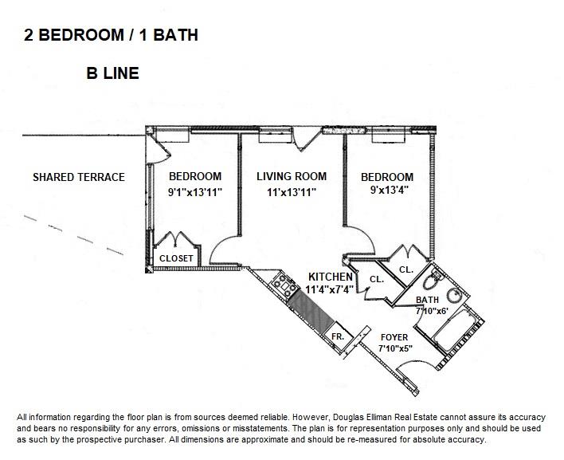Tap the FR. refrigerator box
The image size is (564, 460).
[x=338, y=336]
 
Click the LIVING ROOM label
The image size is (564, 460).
[x=292, y=176]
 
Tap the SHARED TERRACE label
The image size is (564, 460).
[x=78, y=177]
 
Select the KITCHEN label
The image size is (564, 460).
[x=331, y=277]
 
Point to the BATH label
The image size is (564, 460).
[x=428, y=301]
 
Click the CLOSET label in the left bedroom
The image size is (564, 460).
[x=175, y=258]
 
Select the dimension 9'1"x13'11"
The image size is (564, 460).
[x=195, y=191]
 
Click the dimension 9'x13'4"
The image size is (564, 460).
[x=386, y=191]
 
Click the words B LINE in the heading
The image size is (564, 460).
[x=112, y=74]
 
